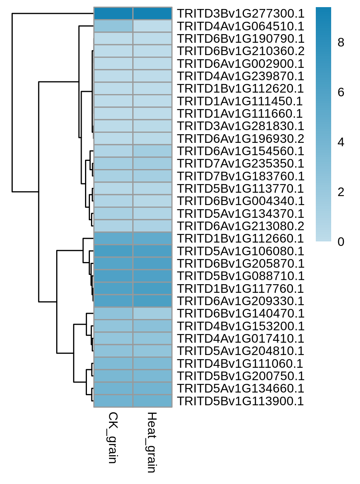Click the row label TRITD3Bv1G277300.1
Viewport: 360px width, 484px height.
click(240, 13)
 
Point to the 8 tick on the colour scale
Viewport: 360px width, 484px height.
click(341, 42)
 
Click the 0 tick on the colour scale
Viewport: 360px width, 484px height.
click(341, 242)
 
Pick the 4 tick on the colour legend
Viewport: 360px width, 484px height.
click(341, 142)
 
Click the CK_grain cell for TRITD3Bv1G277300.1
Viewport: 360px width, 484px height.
click(114, 13)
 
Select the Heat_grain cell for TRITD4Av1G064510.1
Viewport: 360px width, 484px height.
click(152, 26)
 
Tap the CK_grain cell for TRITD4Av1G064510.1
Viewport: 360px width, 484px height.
click(114, 26)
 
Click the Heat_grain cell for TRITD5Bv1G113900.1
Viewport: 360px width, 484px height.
click(152, 401)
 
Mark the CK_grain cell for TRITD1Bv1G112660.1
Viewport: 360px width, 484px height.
click(114, 238)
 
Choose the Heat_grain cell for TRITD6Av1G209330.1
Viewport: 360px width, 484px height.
click(152, 301)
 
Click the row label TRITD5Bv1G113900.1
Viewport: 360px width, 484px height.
click(240, 401)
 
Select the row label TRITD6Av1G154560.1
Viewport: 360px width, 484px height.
click(240, 151)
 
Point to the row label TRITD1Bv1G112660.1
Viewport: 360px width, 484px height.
click(240, 238)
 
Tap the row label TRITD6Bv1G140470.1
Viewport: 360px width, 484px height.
click(240, 313)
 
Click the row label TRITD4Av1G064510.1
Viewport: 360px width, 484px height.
click(240, 26)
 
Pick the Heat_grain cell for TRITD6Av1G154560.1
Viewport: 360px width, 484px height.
click(152, 151)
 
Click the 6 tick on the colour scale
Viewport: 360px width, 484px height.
click(341, 92)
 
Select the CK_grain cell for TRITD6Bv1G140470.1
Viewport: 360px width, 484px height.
click(114, 313)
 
